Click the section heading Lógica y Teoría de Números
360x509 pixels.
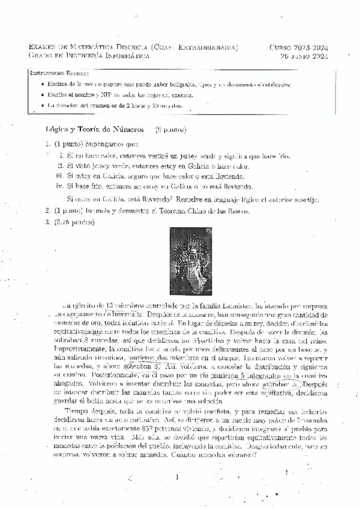click(95, 129)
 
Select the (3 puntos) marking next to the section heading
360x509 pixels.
click(170, 129)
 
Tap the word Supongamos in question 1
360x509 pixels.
click(102, 144)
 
